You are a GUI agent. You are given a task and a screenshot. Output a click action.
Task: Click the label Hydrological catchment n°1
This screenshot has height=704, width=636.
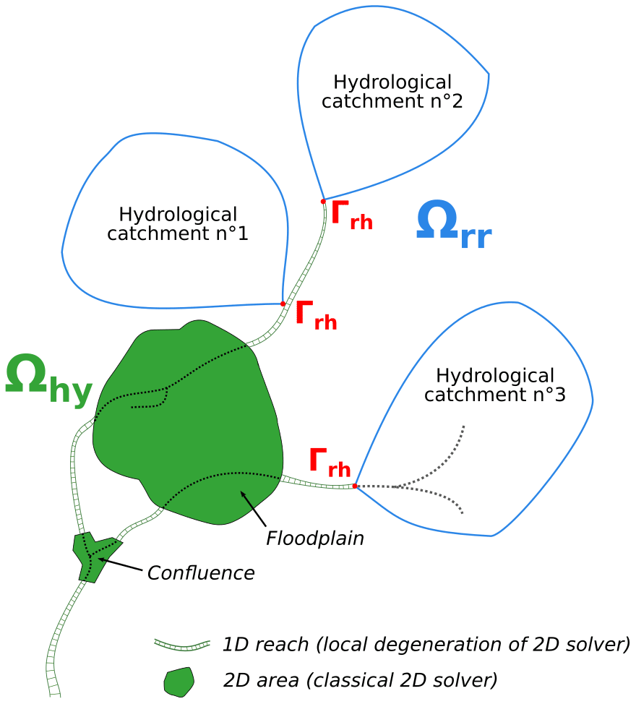(178, 224)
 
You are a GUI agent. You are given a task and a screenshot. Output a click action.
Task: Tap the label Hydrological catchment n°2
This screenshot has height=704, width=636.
(392, 92)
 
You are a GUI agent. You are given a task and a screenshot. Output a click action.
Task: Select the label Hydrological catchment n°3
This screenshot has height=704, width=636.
(495, 385)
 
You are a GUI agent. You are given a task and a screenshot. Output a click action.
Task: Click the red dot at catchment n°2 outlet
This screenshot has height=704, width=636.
(323, 201)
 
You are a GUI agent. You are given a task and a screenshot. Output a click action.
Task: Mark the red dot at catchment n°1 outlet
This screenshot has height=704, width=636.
(283, 304)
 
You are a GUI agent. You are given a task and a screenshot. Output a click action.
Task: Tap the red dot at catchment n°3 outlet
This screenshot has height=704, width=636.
(355, 486)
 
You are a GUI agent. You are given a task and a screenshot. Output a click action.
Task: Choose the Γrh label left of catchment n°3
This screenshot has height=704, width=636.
(330, 462)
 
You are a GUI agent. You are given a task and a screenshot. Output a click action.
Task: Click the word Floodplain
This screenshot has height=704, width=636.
(314, 538)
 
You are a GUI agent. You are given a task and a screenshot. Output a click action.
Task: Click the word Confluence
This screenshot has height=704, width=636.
(201, 573)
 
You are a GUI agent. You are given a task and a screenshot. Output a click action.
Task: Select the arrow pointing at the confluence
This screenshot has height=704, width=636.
(119, 564)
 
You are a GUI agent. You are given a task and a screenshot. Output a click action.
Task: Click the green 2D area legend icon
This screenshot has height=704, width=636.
(179, 681)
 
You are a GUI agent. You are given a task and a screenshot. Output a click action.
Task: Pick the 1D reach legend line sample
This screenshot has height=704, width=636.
(182, 643)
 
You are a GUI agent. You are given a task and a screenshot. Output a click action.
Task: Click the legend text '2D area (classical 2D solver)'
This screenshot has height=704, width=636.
(361, 679)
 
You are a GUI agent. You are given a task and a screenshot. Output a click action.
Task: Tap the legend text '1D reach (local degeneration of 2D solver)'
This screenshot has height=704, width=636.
(426, 643)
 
